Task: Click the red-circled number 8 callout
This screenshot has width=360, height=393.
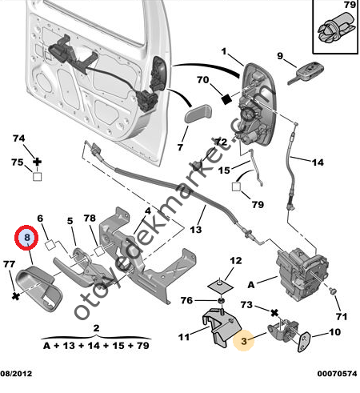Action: pyautogui.click(x=26, y=238)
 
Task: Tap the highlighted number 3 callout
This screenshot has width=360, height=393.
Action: pyautogui.click(x=243, y=341)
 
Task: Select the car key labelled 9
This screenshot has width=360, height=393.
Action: pyautogui.click(x=306, y=73)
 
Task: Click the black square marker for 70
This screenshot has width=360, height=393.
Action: pyautogui.click(x=226, y=99)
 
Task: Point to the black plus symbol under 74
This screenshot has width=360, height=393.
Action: pyautogui.click(x=38, y=162)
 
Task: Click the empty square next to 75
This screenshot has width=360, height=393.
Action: pyautogui.click(x=38, y=177)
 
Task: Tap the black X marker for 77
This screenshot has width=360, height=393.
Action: pyautogui.click(x=16, y=296)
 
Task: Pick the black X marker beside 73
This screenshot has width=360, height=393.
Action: pyautogui.click(x=274, y=313)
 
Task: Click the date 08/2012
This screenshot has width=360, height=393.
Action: pyautogui.click(x=16, y=374)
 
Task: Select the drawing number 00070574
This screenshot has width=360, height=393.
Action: pyautogui.click(x=337, y=374)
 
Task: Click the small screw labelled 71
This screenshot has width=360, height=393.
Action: pyautogui.click(x=332, y=291)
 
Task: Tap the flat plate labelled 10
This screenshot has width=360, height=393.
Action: pyautogui.click(x=303, y=343)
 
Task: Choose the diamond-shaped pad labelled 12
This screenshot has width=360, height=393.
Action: pyautogui.click(x=220, y=285)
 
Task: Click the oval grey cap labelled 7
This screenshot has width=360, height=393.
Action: pyautogui.click(x=198, y=114)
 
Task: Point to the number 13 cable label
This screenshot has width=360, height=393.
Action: pyautogui.click(x=196, y=230)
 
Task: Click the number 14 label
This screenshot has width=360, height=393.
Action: pyautogui.click(x=318, y=162)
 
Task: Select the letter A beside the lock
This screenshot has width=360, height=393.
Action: pyautogui.click(x=251, y=285)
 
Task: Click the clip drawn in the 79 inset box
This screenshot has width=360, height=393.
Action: pyautogui.click(x=336, y=28)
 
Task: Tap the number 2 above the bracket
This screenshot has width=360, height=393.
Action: pyautogui.click(x=96, y=327)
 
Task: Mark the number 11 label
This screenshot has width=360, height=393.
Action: pyautogui.click(x=184, y=337)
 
